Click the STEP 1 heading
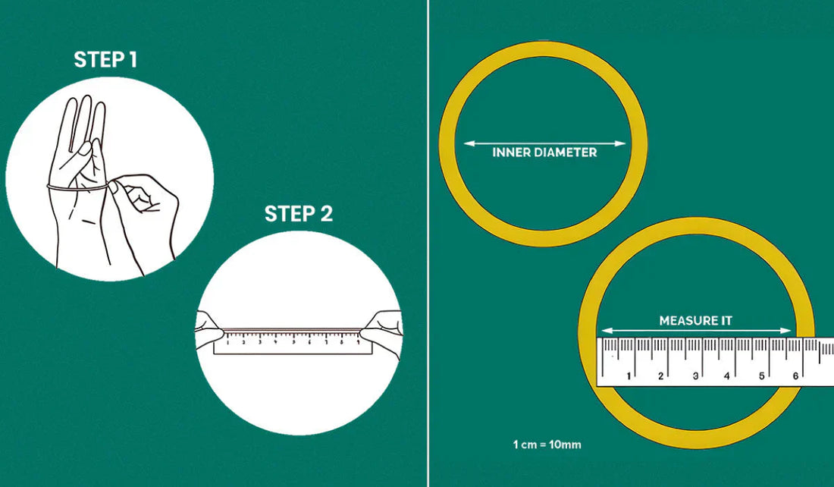(105, 60)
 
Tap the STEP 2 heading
(299, 214)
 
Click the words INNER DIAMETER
(544, 152)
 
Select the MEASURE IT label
(696, 321)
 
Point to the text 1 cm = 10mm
(547, 445)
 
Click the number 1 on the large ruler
(629, 376)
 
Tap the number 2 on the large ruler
(661, 376)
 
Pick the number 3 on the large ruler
(695, 376)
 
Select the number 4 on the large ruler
(727, 376)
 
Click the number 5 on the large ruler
(762, 376)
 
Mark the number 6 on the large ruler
(795, 376)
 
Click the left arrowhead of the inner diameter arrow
(469, 143)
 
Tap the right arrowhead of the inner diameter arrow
(621, 143)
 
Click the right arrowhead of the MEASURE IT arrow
(787, 331)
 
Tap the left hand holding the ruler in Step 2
(209, 331)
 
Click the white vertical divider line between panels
(428, 243)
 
